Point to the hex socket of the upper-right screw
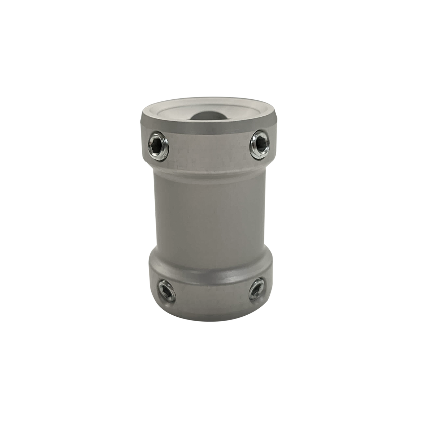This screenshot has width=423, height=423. click(260, 143)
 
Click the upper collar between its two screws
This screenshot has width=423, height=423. click(209, 150)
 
